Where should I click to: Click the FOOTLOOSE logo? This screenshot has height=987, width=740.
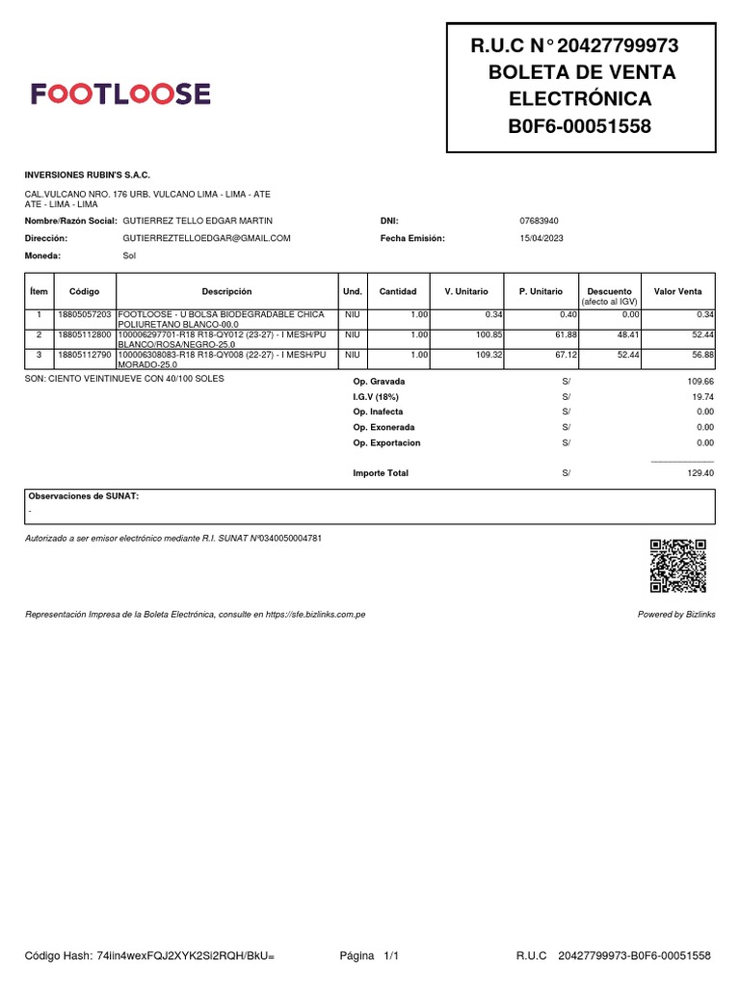tap(120, 93)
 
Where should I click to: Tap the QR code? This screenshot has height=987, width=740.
tap(678, 566)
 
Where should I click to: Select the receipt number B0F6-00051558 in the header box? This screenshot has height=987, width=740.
tap(580, 126)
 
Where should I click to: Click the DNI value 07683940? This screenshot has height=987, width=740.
tap(539, 221)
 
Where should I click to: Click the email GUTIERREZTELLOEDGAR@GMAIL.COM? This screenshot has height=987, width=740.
tap(206, 238)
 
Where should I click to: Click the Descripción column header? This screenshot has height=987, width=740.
tap(226, 291)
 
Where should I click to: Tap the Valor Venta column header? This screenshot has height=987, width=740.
tap(677, 291)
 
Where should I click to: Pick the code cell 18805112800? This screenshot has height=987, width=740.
tap(85, 334)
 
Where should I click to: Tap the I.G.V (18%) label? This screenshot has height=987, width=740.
tap(376, 396)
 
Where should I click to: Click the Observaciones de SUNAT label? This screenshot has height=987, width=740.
tap(84, 495)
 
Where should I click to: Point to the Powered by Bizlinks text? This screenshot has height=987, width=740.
tap(676, 614)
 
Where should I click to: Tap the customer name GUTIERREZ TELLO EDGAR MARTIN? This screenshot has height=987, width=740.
tap(198, 221)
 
